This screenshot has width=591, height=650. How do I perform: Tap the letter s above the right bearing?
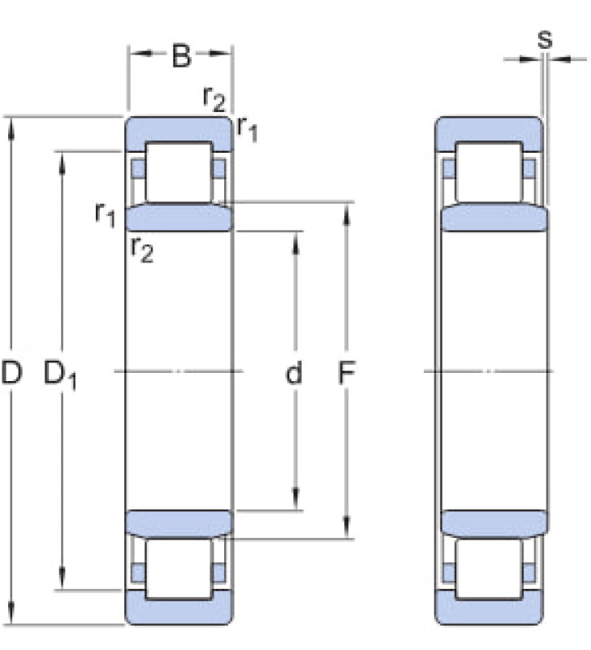click(545, 39)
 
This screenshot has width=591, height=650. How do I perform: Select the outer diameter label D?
click(11, 372)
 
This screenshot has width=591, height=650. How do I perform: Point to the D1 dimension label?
click(60, 375)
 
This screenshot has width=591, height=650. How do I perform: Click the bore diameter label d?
click(294, 372)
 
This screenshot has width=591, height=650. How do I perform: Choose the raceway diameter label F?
click(346, 372)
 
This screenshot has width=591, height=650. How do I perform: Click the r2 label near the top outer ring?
click(214, 99)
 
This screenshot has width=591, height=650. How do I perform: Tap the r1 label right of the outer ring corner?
click(248, 129)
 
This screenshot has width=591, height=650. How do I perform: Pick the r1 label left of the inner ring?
click(105, 214)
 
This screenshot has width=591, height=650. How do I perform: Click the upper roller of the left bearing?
click(179, 172)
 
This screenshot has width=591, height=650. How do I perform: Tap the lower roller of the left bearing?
click(179, 569)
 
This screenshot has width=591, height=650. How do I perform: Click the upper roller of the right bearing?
click(489, 172)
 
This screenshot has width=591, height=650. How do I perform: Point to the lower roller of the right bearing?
click(489, 569)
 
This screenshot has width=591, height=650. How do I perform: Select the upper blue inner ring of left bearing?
click(179, 217)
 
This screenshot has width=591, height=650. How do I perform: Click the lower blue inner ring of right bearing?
click(495, 524)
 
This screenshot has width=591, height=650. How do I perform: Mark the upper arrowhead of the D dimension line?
click(11, 127)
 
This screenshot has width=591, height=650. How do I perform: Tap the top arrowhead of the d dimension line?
click(295, 241)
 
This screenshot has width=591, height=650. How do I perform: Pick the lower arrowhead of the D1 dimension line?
click(62, 579)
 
